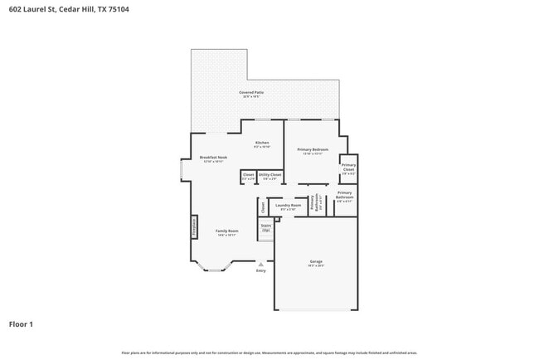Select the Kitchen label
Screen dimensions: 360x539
point(262,144)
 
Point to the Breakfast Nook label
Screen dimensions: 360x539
point(213,159)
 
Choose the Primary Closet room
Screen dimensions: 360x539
point(348,169)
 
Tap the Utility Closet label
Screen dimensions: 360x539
point(269,177)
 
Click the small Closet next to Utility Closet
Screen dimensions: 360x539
point(248,177)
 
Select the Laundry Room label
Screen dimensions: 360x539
point(289,207)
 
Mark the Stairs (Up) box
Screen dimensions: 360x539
point(266,227)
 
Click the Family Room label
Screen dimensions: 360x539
point(227,233)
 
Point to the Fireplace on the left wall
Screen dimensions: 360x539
point(195,227)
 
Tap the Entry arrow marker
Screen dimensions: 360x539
point(261,265)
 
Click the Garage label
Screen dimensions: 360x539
point(316,263)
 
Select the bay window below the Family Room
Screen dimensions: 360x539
point(215,268)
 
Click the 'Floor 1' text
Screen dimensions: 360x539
point(21,324)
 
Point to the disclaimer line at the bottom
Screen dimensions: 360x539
point(269,353)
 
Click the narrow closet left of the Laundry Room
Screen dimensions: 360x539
point(263,206)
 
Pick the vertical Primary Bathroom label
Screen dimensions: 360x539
point(313,202)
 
